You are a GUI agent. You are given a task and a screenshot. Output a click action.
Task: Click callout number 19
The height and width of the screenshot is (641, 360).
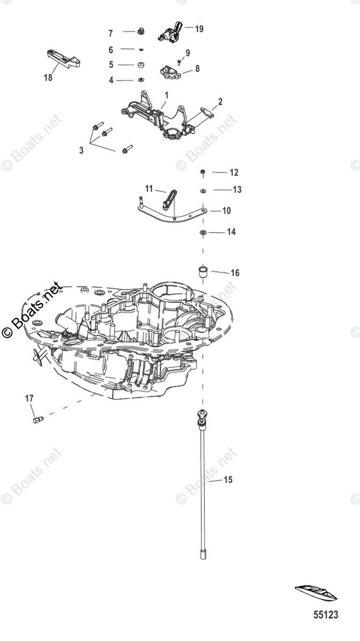pos(199,29)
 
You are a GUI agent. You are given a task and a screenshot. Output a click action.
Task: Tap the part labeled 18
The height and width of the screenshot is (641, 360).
pos(63,59)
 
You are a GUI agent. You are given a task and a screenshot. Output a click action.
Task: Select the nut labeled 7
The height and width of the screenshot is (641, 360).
pos(140,31)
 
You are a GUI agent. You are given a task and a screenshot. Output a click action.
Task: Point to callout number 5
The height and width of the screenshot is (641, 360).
pos(111,65)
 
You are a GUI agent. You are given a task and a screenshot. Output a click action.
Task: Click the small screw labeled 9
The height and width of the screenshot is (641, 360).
pos(179,61)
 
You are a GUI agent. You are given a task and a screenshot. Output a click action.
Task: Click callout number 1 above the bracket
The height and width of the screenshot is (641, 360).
pos(167,95)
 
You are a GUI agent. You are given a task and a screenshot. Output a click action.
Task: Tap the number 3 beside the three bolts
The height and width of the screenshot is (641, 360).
pos(81,150)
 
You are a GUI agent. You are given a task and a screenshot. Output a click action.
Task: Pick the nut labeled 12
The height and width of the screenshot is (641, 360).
pos(203,171)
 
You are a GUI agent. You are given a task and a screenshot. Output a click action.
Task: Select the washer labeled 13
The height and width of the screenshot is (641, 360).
pos(203,190)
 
